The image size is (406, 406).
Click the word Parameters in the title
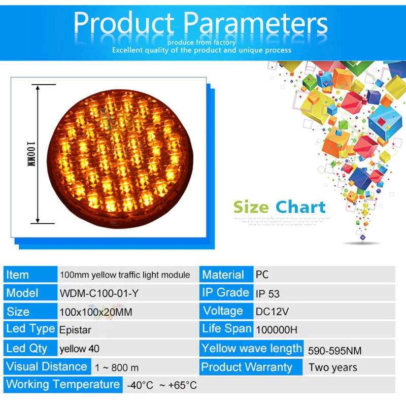(x=255, y=23)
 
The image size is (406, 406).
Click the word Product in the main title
(x=124, y=23)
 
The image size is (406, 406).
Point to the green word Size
(x=251, y=207)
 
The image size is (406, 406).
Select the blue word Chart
(x=300, y=207)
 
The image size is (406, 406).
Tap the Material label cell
(x=223, y=275)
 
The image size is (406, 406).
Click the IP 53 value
(x=267, y=294)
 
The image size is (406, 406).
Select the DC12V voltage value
(x=271, y=312)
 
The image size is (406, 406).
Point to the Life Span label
(x=227, y=328)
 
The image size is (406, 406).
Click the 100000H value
(x=277, y=330)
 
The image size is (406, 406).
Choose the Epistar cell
(x=76, y=330)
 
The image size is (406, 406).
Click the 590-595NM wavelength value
(x=334, y=350)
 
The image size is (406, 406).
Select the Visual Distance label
(x=46, y=366)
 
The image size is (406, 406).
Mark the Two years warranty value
(x=332, y=367)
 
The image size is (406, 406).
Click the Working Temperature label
(x=62, y=384)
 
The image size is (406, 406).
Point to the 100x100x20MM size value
(x=95, y=312)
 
